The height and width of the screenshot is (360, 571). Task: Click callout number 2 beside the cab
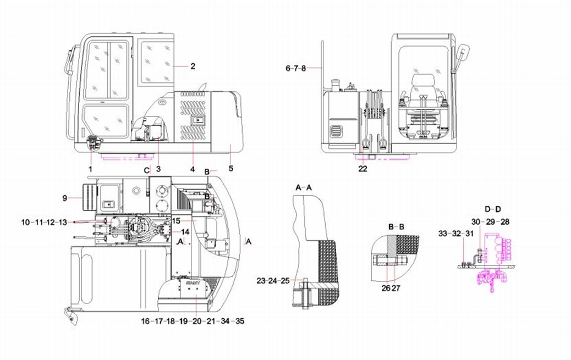(193, 67)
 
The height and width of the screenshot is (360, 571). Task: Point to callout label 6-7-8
(295, 68)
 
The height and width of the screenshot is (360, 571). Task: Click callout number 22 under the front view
(363, 168)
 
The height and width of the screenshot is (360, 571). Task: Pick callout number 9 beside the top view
(65, 197)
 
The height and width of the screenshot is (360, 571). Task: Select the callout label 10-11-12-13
(44, 222)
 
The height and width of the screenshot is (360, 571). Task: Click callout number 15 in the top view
(177, 220)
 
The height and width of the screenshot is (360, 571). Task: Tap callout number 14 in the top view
(185, 231)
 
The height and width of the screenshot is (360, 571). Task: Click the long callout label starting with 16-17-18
(193, 321)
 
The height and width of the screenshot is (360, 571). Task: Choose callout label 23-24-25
(273, 281)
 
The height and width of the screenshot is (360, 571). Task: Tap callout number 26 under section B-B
(386, 287)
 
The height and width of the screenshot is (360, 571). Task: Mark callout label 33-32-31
(455, 234)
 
